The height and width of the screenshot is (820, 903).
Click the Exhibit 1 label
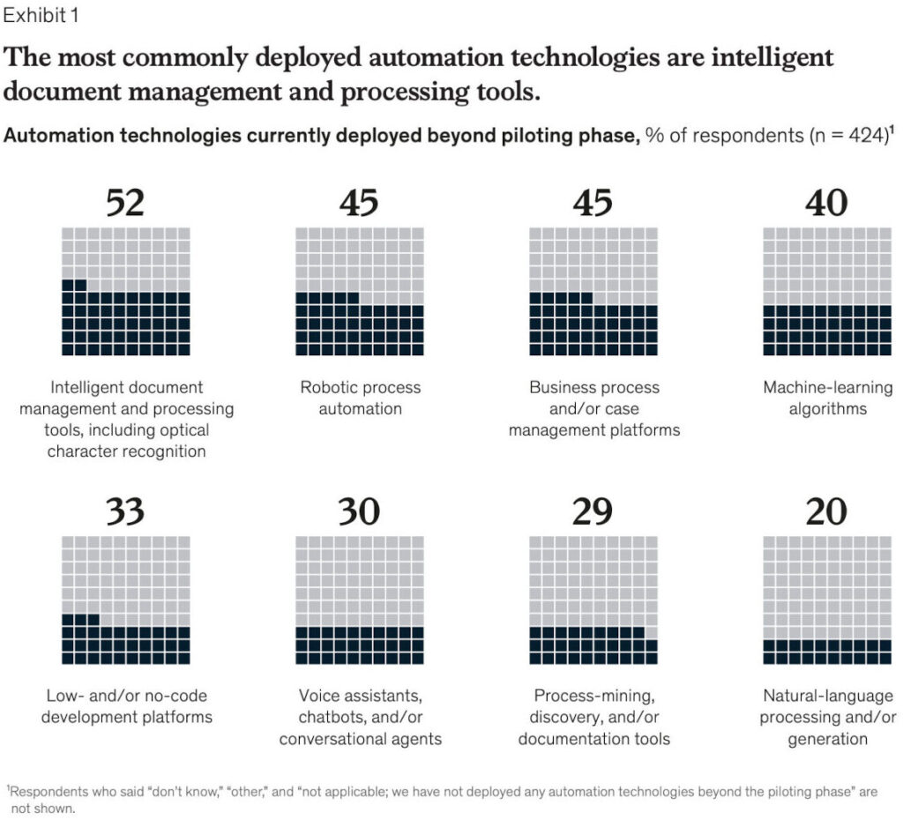(45, 16)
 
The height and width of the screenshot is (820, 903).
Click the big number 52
(124, 204)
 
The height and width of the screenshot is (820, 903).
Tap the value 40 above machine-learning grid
(826, 204)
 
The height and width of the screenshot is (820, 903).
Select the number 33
(124, 512)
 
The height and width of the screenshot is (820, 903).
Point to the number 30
(358, 512)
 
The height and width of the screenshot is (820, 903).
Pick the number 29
(593, 512)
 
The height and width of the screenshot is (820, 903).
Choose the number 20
(826, 512)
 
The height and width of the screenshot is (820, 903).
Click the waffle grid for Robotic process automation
(359, 292)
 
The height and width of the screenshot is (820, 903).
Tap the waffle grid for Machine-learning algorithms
(827, 292)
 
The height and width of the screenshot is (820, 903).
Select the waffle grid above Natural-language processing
(827, 600)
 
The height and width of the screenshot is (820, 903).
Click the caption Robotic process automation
(361, 398)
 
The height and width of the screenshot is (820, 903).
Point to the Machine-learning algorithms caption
(827, 398)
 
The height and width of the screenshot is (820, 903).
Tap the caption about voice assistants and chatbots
(361, 717)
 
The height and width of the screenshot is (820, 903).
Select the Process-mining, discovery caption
(594, 717)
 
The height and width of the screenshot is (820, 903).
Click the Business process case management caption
(594, 408)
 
